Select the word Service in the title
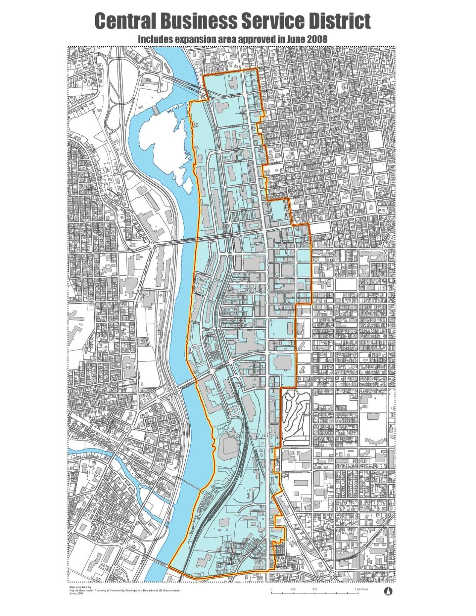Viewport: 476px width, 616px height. (x=274, y=21)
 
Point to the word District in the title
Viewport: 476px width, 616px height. (x=339, y=21)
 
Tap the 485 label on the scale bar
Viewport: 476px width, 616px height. (x=293, y=589)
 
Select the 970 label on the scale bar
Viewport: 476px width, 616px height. (x=315, y=589)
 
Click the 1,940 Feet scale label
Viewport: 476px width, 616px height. (x=361, y=589)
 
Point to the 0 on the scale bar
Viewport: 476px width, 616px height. (x=271, y=589)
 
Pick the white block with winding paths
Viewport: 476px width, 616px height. (x=297, y=418)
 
